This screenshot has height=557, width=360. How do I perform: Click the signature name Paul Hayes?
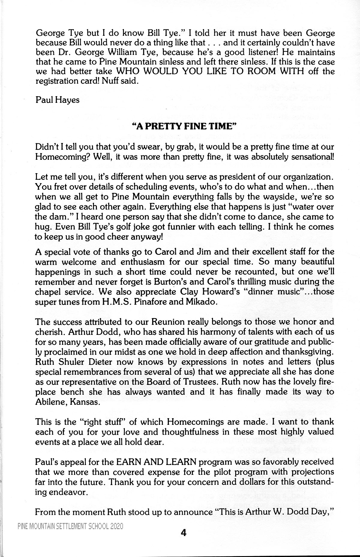[58, 100]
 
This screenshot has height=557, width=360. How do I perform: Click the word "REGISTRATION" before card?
[57, 82]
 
